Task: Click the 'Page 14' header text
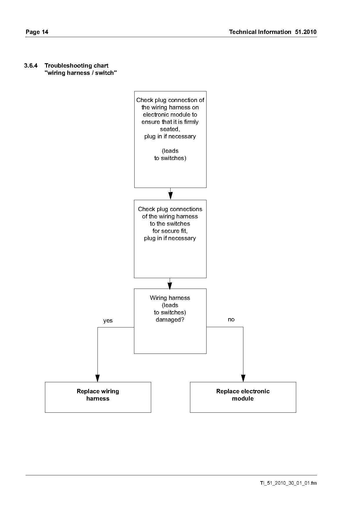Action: (x=37, y=32)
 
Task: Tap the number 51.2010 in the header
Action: (x=306, y=32)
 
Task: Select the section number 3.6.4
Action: (x=31, y=66)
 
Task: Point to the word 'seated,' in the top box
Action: (x=170, y=129)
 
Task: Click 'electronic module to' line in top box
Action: (x=170, y=115)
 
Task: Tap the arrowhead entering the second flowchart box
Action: (x=170, y=195)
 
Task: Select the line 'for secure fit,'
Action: (x=170, y=231)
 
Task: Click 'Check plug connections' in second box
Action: (x=170, y=209)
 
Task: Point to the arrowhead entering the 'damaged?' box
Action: (x=170, y=285)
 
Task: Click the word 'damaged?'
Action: (x=170, y=320)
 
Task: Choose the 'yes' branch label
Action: (x=108, y=321)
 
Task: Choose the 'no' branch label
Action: (x=231, y=319)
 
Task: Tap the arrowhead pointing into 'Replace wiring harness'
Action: (x=97, y=378)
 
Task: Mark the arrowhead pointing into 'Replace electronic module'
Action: (x=243, y=378)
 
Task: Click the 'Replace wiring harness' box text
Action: (x=98, y=395)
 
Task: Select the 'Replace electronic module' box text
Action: (x=243, y=395)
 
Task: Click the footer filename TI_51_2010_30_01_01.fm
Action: (x=288, y=483)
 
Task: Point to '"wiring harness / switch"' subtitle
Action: (x=81, y=73)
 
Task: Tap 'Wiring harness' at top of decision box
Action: (x=170, y=298)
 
